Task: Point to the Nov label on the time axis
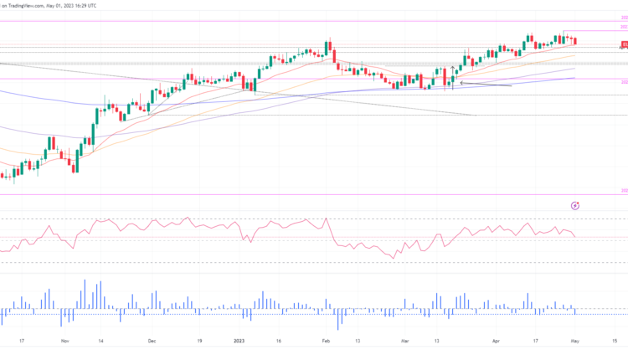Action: click(x=64, y=342)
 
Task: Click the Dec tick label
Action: click(x=152, y=342)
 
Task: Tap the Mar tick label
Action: click(x=405, y=342)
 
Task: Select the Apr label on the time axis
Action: click(x=495, y=342)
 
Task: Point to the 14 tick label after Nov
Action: click(x=100, y=342)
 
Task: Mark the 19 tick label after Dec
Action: click(x=199, y=342)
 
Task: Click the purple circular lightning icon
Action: click(x=575, y=205)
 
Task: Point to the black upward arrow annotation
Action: click(x=453, y=70)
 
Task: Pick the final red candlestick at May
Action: click(x=574, y=41)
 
